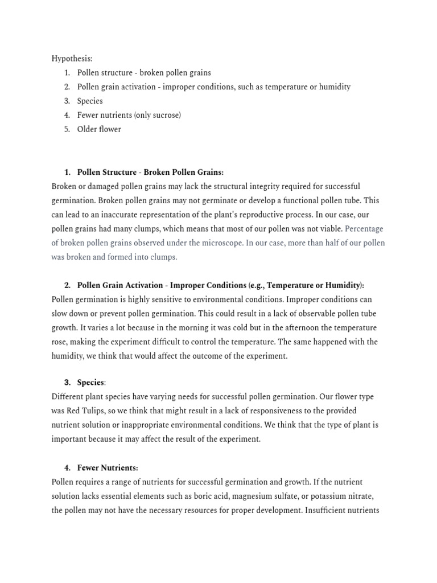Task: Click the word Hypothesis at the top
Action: pos(72,59)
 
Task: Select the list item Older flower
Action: pos(99,129)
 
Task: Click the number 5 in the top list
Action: pos(67,129)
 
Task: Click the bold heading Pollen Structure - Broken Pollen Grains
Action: pos(150,172)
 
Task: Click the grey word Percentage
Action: pos(364,228)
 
